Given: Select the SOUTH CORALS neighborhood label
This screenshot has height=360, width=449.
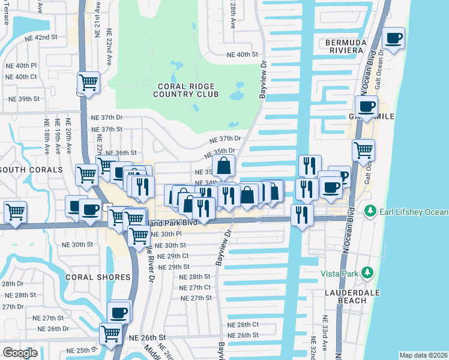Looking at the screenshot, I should coord(31,170).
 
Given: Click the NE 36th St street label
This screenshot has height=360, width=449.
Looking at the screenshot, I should coord(122,153).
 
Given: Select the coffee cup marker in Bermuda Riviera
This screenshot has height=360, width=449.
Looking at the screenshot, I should coord(394,39).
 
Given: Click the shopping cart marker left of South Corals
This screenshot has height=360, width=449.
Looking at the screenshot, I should coord(15,211).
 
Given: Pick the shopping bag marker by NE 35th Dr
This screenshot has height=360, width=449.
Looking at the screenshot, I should coord(223,166).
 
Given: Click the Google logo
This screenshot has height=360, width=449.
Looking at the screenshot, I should coord(20,353).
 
